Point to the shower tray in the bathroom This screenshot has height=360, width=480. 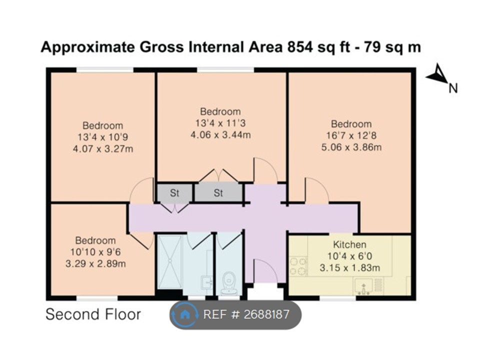[170, 261]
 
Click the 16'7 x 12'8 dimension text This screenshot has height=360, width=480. [351, 135]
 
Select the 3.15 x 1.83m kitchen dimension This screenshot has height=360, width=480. [350, 268]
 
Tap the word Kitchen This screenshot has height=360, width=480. [349, 244]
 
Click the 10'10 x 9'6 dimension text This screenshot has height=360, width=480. [95, 252]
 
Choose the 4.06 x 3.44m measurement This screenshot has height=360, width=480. [220, 134]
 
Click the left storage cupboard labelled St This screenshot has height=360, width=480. [174, 193]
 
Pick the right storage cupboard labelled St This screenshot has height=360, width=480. [218, 193]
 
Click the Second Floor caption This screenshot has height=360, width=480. [93, 314]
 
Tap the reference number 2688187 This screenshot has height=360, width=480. [266, 314]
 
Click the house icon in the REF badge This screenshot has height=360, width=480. [184, 314]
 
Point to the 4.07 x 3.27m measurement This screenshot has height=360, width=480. [103, 149]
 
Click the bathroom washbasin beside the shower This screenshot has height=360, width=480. [207, 282]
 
